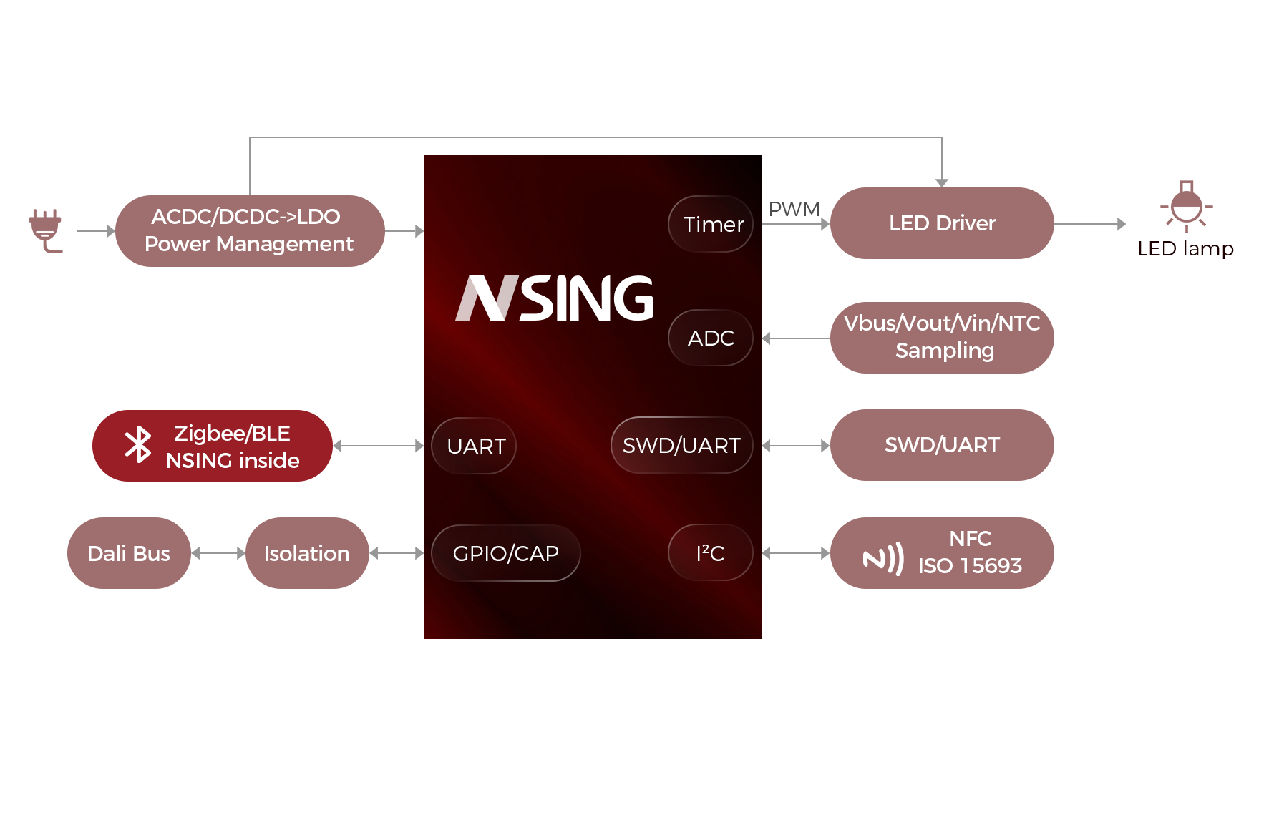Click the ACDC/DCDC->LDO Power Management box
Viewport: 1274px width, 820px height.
(249, 230)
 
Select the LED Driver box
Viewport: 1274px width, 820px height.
(941, 223)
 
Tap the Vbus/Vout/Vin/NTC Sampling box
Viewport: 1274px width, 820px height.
(941, 337)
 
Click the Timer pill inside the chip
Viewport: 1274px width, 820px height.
(711, 224)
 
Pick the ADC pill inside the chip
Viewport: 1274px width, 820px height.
(711, 338)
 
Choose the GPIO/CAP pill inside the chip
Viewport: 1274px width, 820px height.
(506, 553)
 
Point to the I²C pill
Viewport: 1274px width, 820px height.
(711, 553)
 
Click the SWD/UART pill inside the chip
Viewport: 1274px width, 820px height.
(681, 445)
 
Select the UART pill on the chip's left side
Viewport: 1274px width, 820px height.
(475, 446)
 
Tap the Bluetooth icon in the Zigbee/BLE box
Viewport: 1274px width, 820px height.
(138, 445)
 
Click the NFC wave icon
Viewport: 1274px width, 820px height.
(883, 559)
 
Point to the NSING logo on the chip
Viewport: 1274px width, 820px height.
(555, 298)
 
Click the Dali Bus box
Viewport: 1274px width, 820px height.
(129, 553)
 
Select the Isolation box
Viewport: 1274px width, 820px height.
(307, 553)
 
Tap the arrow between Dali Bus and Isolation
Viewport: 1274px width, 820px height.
(218, 553)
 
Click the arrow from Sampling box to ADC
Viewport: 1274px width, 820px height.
(795, 338)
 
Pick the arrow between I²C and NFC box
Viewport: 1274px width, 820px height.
(795, 553)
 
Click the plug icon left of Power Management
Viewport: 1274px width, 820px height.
(46, 230)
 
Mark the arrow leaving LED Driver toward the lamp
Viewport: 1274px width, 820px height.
(1089, 224)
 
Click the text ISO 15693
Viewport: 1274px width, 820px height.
(970, 566)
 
